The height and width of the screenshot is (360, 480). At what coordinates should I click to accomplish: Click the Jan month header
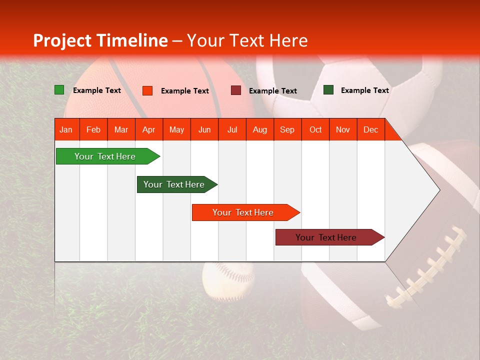click(66, 129)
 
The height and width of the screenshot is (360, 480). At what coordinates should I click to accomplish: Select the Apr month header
click(149, 129)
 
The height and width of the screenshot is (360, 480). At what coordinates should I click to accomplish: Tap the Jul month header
click(232, 129)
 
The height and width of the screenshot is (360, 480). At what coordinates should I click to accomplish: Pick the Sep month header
click(287, 129)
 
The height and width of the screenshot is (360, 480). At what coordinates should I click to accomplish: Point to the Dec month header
click(370, 129)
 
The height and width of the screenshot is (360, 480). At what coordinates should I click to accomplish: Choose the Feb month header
click(93, 129)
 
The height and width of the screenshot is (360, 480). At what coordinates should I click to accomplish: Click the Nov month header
click(343, 129)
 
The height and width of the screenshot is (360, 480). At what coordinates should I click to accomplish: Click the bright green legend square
click(59, 90)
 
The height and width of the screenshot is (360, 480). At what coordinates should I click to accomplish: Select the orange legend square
click(147, 90)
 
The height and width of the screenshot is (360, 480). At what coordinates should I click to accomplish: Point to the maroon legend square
click(236, 90)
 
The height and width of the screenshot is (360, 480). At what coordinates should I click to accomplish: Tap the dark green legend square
click(328, 90)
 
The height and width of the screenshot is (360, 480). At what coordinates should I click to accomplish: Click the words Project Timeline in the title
click(100, 40)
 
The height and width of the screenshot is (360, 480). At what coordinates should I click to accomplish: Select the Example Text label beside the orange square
click(184, 91)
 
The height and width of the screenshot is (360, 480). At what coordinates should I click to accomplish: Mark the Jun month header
click(204, 129)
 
